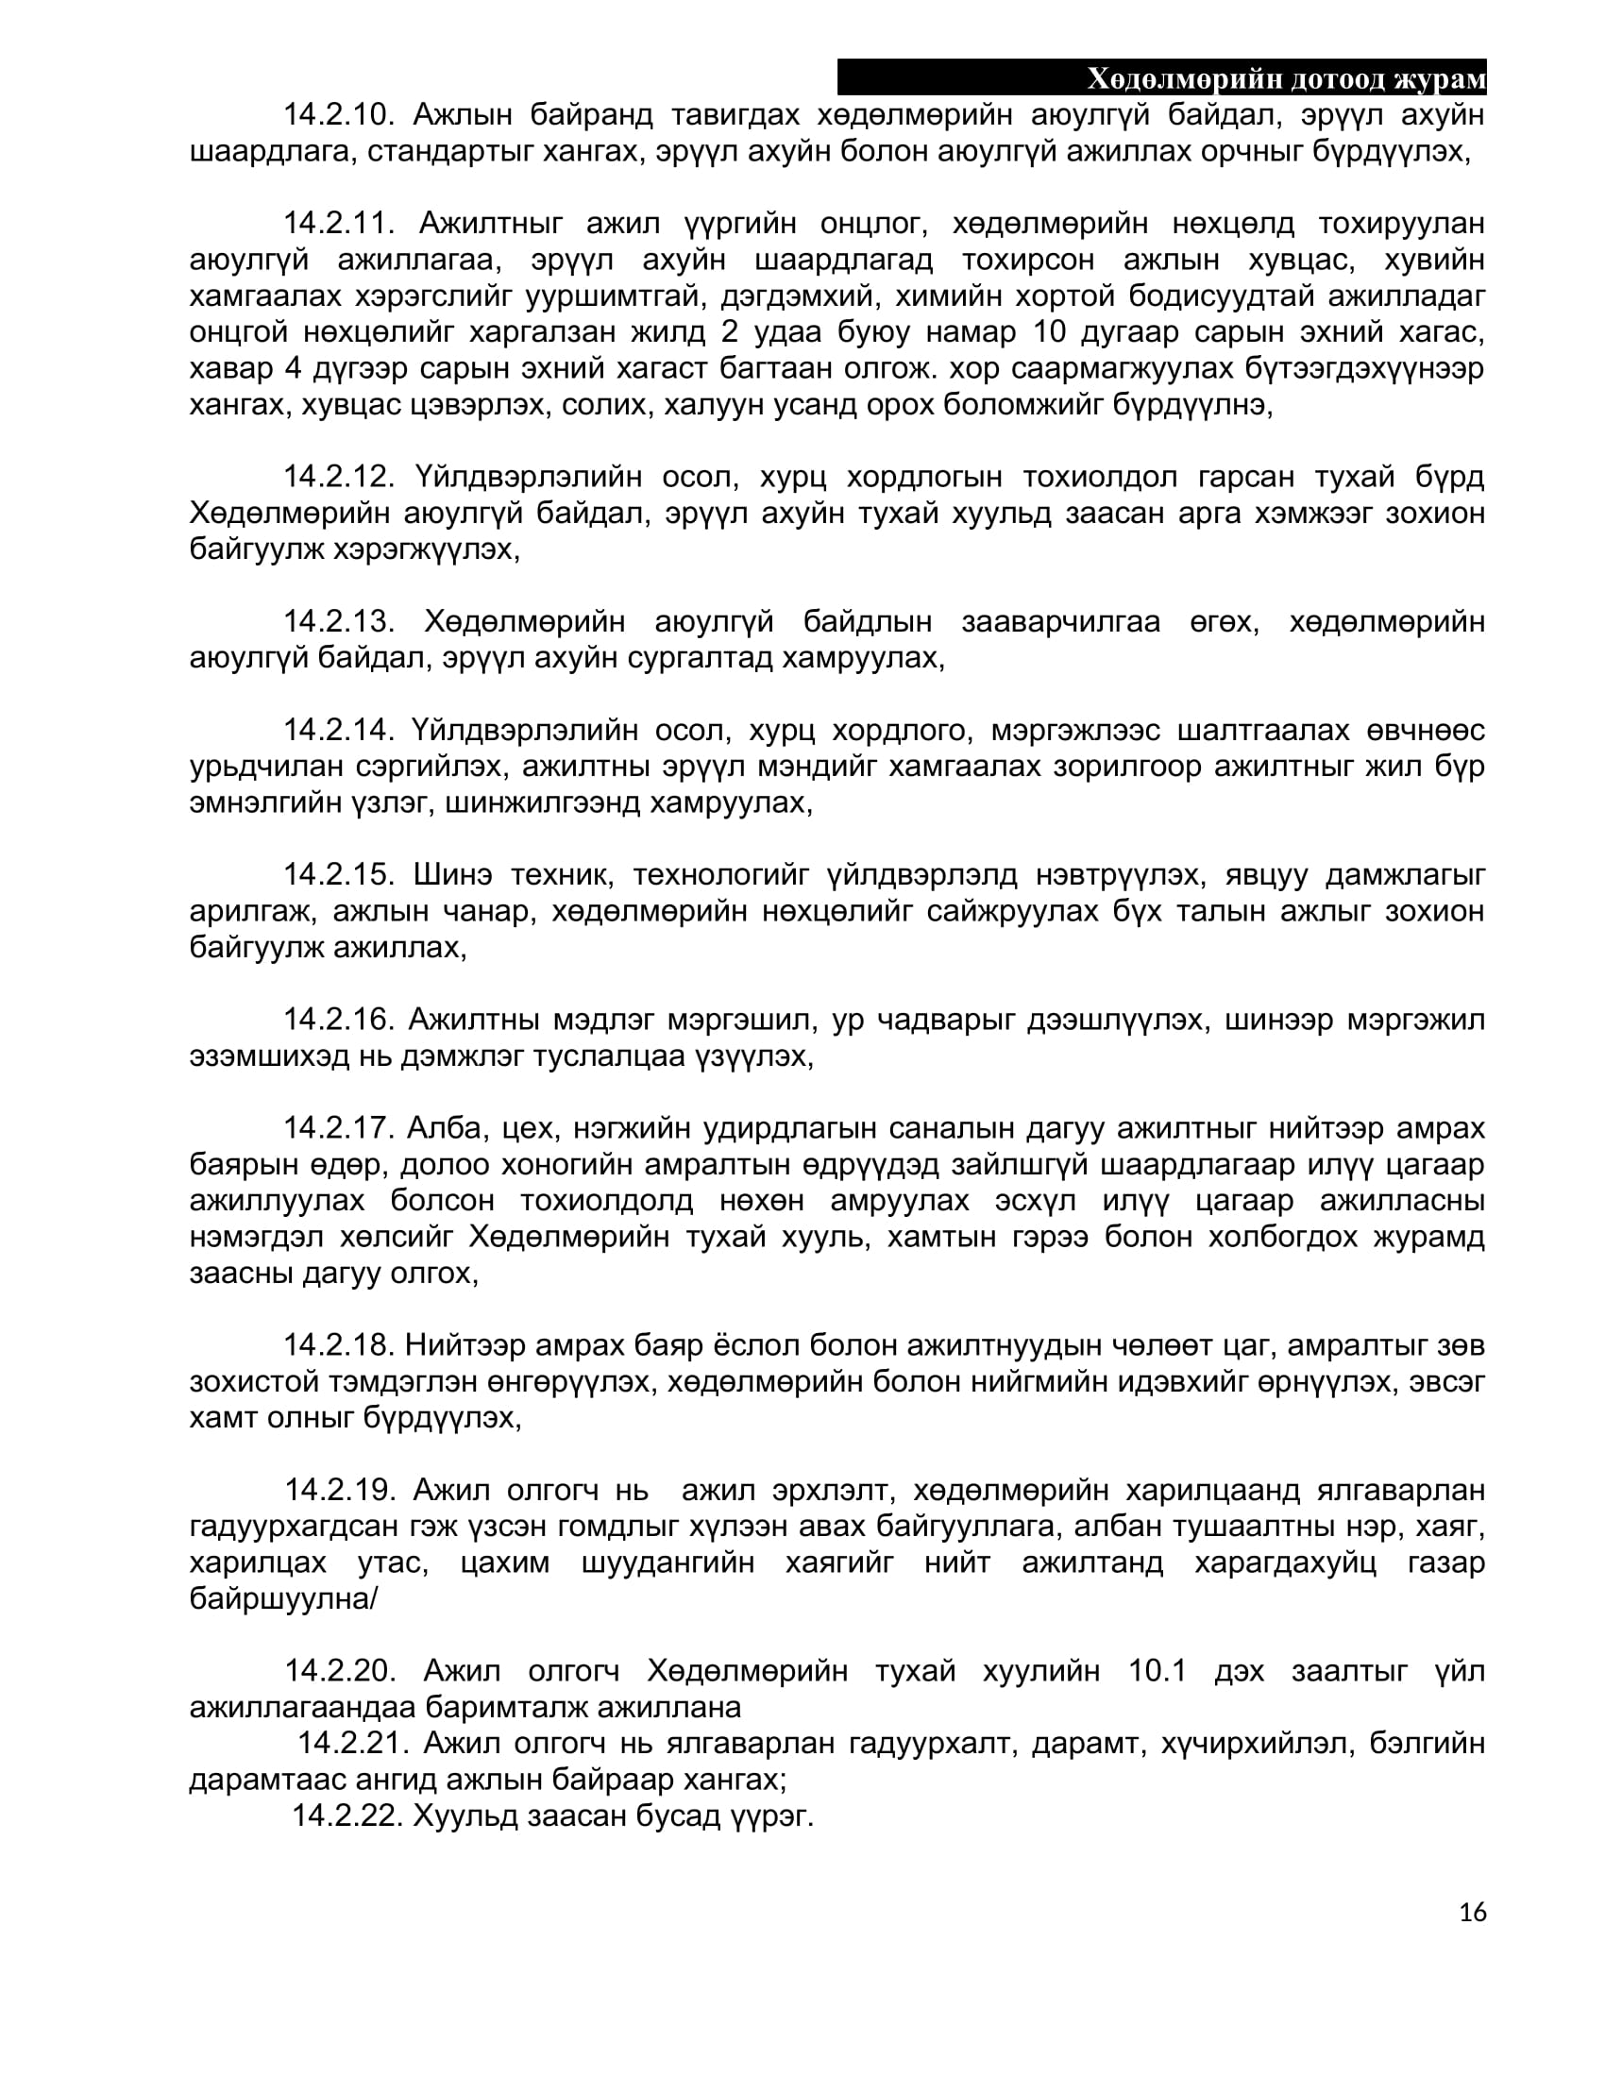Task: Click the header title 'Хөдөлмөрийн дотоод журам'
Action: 1286,79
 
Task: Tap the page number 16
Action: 1472,1913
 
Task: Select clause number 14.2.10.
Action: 339,115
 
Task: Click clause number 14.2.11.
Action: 339,224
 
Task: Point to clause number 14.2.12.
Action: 339,477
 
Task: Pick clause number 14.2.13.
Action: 339,622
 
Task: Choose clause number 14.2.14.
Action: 339,731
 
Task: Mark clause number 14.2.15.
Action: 339,875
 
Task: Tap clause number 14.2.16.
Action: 339,1021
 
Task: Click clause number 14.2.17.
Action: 339,1129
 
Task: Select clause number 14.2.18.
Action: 339,1345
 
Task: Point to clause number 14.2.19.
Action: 341,1490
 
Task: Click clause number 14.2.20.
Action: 341,1671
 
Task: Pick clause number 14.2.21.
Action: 353,1743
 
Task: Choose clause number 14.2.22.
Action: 347,1815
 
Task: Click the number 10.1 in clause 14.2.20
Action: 1157,1671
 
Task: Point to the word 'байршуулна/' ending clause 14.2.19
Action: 283,1598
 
